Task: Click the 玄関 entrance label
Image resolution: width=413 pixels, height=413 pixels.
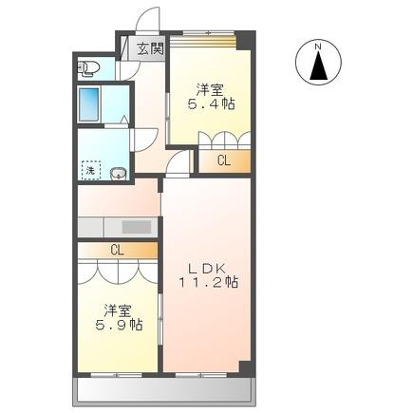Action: pos(150,49)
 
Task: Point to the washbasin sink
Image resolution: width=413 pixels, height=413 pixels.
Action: pos(119,172)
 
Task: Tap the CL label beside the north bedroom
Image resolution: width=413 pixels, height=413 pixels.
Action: pos(223,161)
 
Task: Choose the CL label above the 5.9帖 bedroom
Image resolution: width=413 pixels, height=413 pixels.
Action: pos(117,251)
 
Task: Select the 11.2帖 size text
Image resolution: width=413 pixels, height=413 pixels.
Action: pos(211,282)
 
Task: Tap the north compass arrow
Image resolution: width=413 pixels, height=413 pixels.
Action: pos(320,65)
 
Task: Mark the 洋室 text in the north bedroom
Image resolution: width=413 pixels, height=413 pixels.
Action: pos(212,87)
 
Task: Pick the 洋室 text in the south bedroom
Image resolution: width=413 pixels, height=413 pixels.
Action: pos(119,309)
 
